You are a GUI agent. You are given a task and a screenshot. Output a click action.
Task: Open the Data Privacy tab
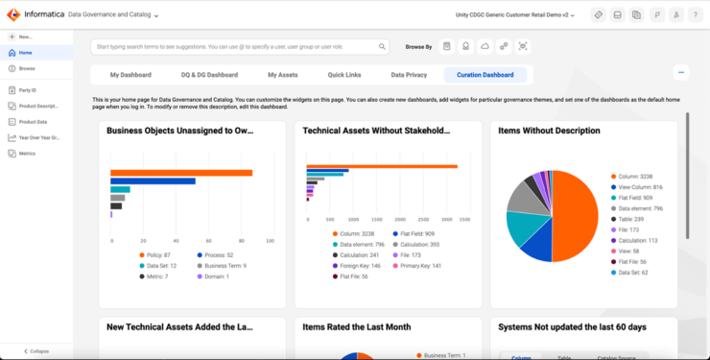coord(410,74)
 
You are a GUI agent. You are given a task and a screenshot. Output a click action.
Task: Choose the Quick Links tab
coord(343,74)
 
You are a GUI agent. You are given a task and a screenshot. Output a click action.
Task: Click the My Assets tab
coord(283,74)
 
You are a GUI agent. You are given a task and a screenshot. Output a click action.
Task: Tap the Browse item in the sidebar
coord(27,68)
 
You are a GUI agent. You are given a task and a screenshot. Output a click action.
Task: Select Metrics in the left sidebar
coord(27,153)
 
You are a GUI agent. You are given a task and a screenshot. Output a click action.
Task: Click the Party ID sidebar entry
coord(28,89)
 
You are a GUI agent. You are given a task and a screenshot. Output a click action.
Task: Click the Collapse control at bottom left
coord(36,350)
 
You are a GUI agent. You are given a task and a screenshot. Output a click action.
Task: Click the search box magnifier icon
coord(382,46)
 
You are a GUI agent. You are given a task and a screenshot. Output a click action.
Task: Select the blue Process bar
coord(153,180)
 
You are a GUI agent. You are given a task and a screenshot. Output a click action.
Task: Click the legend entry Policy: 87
coord(155,254)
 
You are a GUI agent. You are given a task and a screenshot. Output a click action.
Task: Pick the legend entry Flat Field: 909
coord(416,233)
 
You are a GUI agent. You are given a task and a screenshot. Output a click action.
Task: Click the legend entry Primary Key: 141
coord(421,265)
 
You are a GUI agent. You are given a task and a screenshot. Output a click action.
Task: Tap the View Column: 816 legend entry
coord(642,187)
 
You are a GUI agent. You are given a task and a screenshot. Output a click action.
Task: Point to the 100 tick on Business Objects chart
coord(272,240)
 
